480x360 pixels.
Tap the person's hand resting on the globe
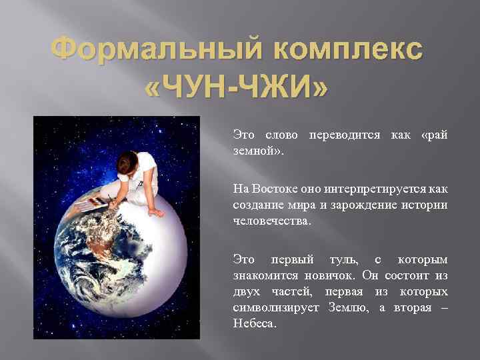pyautogui.click(x=155, y=212)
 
